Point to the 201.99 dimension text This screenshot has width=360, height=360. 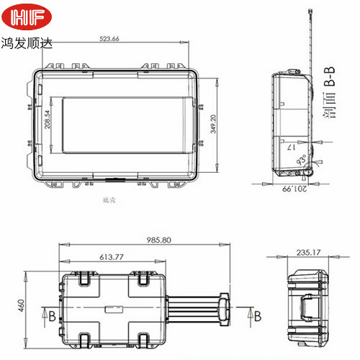point(294,189)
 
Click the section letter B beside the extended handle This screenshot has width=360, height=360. point(258,315)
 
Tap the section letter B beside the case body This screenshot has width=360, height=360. point(51,315)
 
